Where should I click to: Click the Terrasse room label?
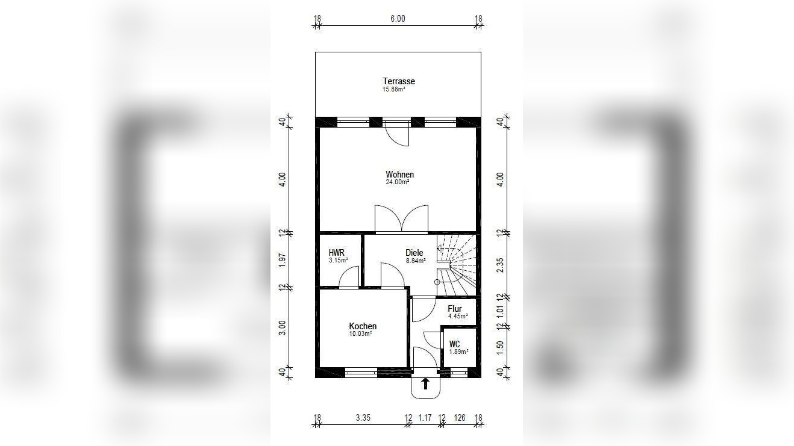[399, 81]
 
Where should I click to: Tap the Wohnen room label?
[400, 175]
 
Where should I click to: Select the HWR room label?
[336, 253]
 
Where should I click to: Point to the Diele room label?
[414, 253]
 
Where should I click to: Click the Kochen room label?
[363, 326]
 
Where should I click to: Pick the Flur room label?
[454, 309]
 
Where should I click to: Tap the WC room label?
[454, 344]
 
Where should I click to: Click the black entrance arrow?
[425, 383]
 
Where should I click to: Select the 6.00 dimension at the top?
[398, 19]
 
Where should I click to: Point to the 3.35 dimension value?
[363, 418]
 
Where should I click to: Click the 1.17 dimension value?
[425, 418]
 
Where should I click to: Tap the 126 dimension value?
[460, 418]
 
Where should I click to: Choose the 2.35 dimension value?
[500, 265]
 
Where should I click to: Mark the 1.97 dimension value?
[282, 261]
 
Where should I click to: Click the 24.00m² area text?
[398, 182]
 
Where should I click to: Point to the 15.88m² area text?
[394, 89]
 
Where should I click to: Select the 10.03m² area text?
[360, 333]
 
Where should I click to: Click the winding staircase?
[457, 265]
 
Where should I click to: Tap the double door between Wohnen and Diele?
[402, 219]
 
